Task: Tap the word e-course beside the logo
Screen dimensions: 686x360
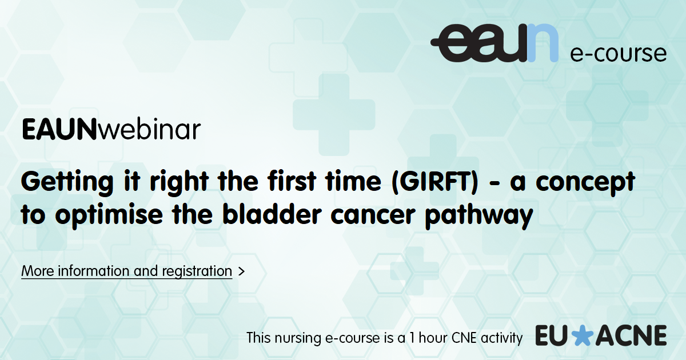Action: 619,54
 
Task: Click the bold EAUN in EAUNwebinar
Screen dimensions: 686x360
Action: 59,130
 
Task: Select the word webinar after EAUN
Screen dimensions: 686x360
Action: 149,129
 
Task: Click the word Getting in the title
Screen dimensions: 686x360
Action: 67,182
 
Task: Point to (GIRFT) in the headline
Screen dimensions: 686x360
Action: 435,182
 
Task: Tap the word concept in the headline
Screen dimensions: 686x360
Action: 585,183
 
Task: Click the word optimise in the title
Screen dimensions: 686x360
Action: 109,215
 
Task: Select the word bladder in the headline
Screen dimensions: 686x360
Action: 272,214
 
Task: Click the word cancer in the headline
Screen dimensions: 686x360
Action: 373,215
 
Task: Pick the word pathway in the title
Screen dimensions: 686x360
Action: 479,216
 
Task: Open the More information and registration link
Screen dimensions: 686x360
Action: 127,271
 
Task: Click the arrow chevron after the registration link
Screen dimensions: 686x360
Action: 242,271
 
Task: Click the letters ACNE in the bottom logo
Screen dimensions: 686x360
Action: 631,335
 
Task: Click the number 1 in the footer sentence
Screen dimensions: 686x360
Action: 413,338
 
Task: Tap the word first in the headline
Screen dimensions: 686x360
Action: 292,182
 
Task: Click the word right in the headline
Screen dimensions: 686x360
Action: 179,182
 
